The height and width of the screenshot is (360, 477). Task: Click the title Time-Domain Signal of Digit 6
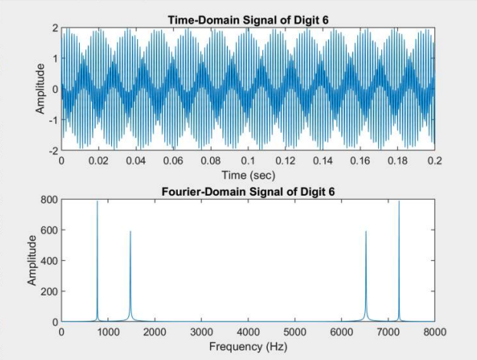coord(247,19)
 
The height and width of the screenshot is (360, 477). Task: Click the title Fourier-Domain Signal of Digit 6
coord(247,191)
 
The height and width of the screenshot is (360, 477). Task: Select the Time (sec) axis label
coord(247,175)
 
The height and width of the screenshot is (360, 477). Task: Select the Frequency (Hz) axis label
coord(247,346)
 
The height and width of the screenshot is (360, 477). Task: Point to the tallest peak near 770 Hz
coord(97,203)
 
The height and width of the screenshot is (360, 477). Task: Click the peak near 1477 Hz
coord(130,232)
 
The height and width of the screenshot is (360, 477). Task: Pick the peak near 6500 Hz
coord(366,232)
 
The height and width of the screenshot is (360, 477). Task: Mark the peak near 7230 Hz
coord(399,203)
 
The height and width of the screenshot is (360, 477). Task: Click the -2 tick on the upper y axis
coord(53,150)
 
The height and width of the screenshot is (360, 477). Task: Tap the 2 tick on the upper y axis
coord(54,28)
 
